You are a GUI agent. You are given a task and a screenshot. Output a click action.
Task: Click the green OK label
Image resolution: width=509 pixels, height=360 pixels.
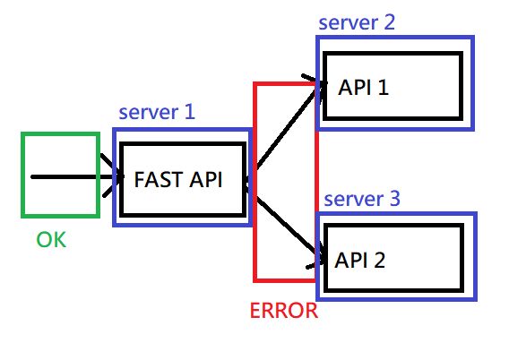tap(51, 240)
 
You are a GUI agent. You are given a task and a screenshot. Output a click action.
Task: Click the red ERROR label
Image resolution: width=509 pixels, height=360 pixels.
tap(283, 312)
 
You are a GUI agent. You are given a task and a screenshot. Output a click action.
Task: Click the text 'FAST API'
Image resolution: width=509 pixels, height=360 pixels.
tap(177, 179)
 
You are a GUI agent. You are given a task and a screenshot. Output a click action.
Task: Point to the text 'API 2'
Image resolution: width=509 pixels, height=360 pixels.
tap(360, 261)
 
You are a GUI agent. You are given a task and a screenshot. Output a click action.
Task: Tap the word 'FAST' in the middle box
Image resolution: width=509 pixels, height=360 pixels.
tap(155, 179)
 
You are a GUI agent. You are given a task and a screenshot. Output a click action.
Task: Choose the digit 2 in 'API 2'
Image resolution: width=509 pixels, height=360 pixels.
tap(381, 261)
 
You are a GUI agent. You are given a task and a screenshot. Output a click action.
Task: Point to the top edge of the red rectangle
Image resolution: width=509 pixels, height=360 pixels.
tap(285, 84)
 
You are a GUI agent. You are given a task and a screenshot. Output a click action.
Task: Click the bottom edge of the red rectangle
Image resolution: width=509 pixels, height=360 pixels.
tap(285, 279)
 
